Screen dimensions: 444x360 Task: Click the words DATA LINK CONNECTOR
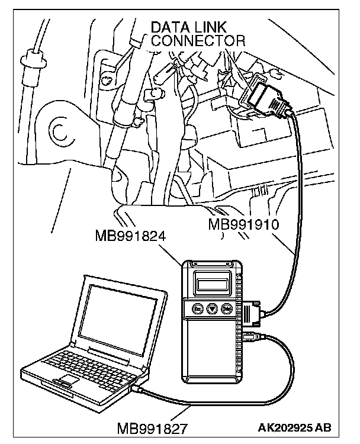tap(197, 34)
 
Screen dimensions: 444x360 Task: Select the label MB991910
tap(244, 225)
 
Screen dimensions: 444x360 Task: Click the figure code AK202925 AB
tap(294, 427)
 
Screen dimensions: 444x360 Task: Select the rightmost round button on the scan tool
tap(226, 308)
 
